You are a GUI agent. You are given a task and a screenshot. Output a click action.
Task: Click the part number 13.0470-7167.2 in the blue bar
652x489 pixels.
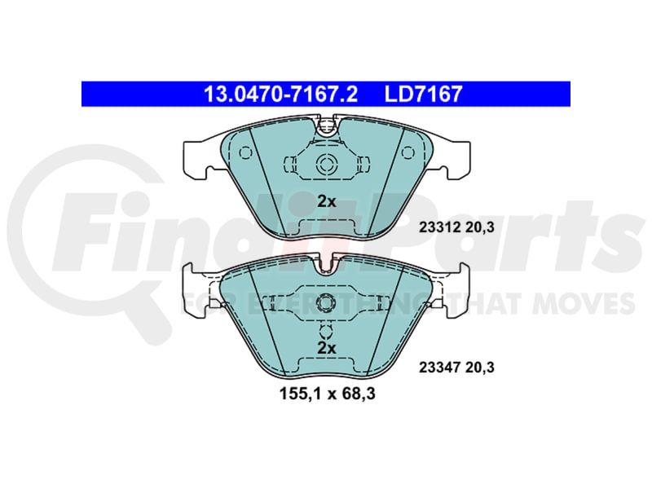click(x=280, y=94)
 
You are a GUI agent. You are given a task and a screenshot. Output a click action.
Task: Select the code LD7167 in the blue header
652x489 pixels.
click(x=423, y=94)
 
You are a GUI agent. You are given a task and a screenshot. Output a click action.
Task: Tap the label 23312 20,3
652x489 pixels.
click(x=456, y=227)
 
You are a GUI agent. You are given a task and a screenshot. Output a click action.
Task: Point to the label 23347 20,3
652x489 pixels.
click(x=456, y=368)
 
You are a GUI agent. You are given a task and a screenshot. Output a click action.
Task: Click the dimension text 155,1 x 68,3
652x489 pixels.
click(x=328, y=394)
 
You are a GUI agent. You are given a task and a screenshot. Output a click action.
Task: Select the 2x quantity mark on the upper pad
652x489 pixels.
click(x=327, y=201)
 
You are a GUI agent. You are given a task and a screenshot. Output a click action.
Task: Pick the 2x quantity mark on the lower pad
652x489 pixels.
click(x=327, y=348)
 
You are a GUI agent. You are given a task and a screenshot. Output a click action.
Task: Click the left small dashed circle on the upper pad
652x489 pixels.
click(x=245, y=152)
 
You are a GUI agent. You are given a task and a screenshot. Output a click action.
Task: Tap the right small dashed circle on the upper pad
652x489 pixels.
click(x=408, y=152)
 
